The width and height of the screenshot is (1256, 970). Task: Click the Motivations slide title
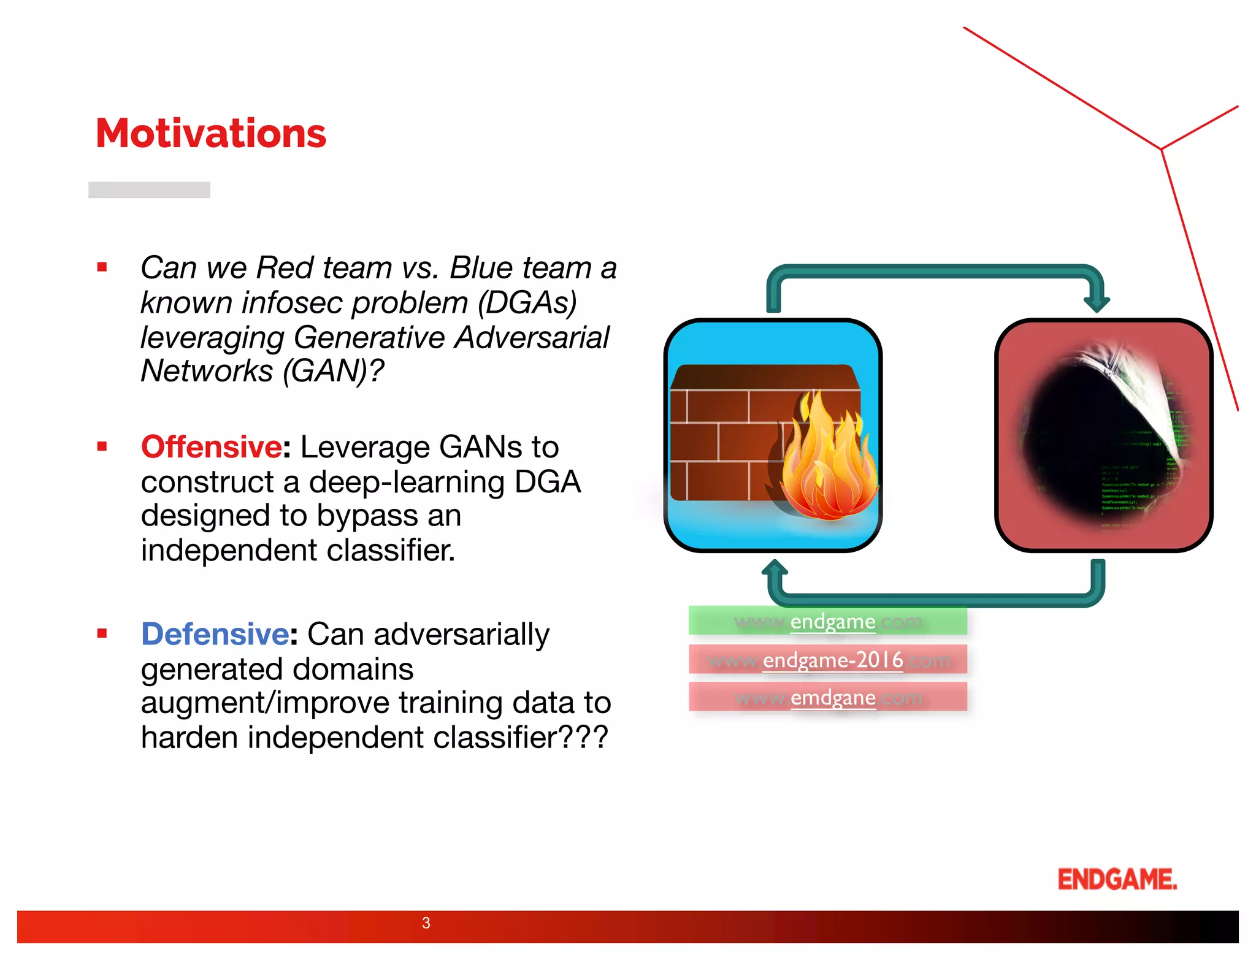pos(211,133)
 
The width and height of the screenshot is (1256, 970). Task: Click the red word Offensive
pos(212,446)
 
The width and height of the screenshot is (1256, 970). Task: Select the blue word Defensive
pos(215,633)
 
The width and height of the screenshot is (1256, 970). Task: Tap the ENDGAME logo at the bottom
pos(1117,879)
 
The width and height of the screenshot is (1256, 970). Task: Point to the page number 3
pos(426,923)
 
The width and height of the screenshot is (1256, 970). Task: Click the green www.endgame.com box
pos(827,621)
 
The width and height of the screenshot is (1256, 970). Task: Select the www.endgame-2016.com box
pos(827,660)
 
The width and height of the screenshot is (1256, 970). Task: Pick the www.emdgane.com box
pos(827,697)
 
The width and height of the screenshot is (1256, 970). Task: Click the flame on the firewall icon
pos(828,460)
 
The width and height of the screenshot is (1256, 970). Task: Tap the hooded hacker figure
pos(1104,435)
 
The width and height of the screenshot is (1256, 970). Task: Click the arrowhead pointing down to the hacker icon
pos(1096,303)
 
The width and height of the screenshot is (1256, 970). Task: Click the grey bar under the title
pos(149,189)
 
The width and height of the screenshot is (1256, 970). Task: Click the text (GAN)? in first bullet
pos(333,370)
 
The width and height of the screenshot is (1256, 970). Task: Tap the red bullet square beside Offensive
pos(102,446)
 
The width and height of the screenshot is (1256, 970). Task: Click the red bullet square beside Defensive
pos(102,633)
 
